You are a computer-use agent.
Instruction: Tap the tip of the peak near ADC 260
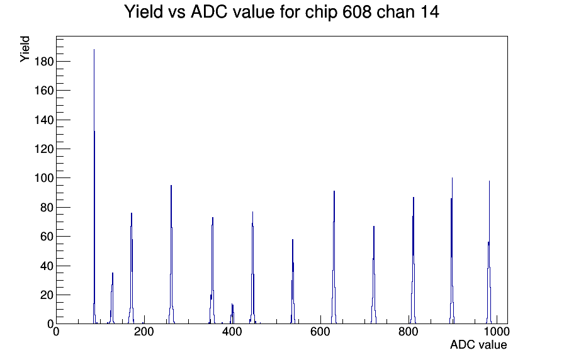[171, 185]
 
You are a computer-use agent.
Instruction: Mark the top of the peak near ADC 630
[334, 191]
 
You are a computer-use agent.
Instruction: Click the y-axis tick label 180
[44, 62]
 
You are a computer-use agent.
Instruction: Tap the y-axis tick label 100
[44, 178]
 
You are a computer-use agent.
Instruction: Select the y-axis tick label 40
[47, 266]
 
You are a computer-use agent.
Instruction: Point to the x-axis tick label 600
[320, 332]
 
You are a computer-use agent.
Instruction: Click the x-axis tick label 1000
[497, 332]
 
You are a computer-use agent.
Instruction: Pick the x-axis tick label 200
[144, 332]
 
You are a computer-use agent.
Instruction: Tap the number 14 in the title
[429, 12]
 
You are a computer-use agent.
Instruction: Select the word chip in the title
[321, 13]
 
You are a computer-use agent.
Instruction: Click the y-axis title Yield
[25, 49]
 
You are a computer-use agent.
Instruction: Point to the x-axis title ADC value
[478, 344]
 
